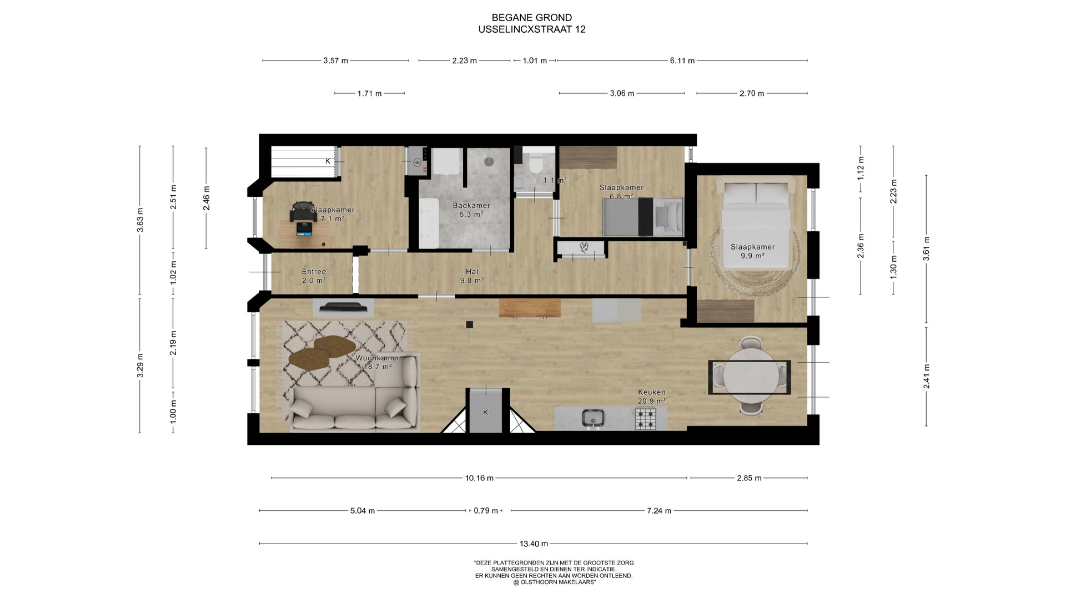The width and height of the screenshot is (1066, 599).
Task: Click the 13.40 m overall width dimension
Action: pos(533,544)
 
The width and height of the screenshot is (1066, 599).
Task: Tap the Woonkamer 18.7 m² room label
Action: pos(378,362)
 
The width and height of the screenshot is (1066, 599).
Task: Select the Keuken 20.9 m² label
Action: pos(652,397)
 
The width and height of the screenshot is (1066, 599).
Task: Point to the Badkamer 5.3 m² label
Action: pos(471,210)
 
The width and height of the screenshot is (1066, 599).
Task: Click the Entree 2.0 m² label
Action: pos(314,276)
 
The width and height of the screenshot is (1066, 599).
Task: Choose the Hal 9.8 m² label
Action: pos(472,276)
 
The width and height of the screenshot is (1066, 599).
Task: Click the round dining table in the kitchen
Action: pos(750,375)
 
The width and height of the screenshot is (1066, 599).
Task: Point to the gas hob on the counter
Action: pos(645,418)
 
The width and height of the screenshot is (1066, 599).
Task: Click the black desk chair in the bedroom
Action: pos(303,212)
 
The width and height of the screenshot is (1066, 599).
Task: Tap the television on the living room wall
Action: pos(343,307)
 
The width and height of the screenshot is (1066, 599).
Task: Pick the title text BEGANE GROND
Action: pos(532,18)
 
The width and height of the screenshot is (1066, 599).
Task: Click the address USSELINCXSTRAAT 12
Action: pos(532,29)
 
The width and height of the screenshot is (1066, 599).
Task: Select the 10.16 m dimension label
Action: pos(479,478)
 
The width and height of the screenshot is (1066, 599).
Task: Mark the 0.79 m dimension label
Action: pos(486,511)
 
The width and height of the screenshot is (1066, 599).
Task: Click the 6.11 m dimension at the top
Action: pos(682,60)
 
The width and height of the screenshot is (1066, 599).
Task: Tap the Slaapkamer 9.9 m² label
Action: pos(752,251)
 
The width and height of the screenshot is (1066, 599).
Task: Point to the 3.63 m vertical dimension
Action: pos(140,220)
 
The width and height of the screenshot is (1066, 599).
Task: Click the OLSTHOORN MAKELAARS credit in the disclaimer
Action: pos(554,582)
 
